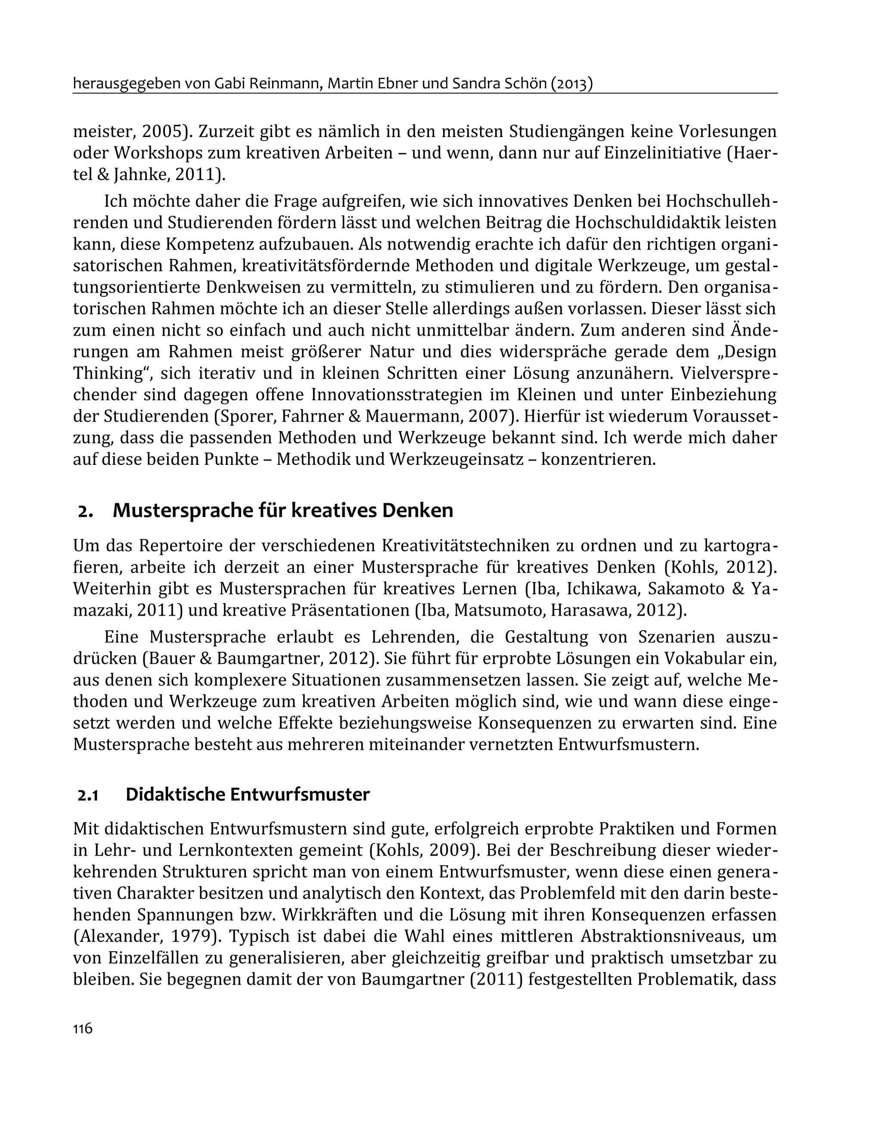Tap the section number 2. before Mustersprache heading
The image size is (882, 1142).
point(85,511)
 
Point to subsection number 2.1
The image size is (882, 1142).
point(88,795)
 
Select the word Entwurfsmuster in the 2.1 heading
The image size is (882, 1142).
point(300,794)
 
